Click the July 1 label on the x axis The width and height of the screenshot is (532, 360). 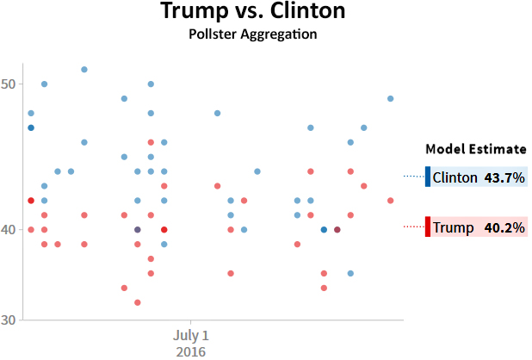tap(190, 334)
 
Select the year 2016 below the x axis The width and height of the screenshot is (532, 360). tap(190, 351)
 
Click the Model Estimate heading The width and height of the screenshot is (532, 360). tap(476, 148)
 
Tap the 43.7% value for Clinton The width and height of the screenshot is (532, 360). tap(504, 177)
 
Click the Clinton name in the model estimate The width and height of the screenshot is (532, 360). tap(455, 177)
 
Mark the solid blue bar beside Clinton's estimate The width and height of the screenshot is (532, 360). tap(427, 177)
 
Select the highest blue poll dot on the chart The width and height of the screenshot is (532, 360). tap(84, 70)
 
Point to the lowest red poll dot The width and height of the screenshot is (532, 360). tap(138, 302)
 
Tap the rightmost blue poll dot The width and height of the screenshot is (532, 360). tap(391, 98)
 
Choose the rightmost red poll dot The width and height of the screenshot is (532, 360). tap(391, 201)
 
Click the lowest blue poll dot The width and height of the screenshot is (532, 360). tap(350, 273)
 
